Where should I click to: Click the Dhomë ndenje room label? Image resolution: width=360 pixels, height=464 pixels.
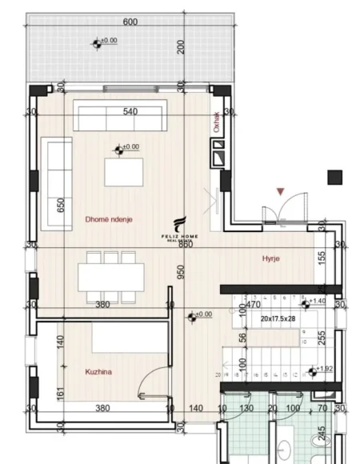(x=109, y=218)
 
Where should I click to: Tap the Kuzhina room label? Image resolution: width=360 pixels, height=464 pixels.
(x=98, y=371)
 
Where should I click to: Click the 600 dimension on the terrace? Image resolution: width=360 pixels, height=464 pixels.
(x=130, y=22)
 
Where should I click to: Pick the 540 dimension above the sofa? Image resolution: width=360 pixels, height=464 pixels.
(x=132, y=111)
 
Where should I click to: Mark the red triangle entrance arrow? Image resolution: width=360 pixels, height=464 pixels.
(x=279, y=191)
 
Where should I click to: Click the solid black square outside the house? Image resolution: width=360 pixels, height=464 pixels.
(x=334, y=177)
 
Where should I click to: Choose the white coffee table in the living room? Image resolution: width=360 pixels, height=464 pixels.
(x=123, y=171)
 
